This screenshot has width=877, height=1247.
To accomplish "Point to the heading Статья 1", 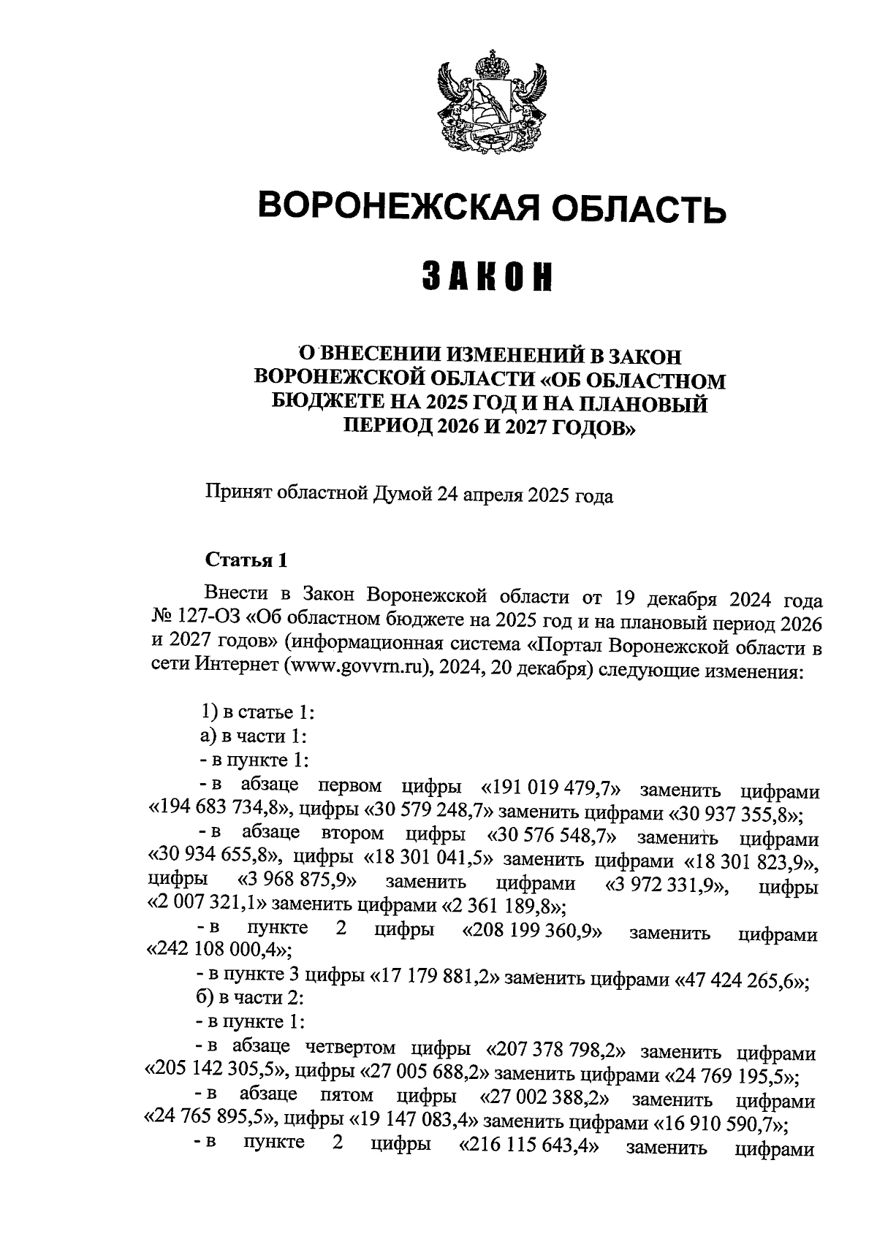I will [x=246, y=560].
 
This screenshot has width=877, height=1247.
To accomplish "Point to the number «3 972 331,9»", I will [x=667, y=885].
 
